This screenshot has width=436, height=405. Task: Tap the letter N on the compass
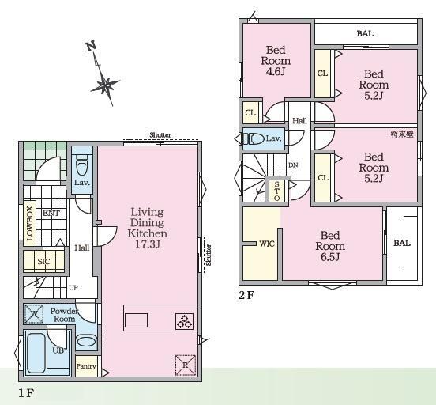coord(91,46)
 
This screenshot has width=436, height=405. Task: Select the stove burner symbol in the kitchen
coord(184,321)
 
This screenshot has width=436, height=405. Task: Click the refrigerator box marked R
coord(186,365)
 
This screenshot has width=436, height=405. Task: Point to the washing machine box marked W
coord(34,314)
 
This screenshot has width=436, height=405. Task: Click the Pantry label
coord(86,366)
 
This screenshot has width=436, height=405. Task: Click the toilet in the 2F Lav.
coord(254,138)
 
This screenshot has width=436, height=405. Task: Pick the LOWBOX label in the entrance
coord(30,223)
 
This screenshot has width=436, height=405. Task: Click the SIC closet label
coord(43,262)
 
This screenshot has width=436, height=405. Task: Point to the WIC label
coord(267,244)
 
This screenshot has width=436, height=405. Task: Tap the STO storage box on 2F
coord(277,191)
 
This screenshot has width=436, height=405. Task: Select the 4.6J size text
coord(276,71)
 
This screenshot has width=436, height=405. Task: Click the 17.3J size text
coord(148,244)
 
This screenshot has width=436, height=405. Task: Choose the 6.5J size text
coord(330,257)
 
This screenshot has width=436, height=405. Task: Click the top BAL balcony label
coord(365,34)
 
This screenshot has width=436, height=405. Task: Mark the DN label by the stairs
coord(293,165)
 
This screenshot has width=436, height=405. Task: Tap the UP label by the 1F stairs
coord(73,288)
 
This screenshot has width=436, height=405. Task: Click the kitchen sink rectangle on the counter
coord(136,320)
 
